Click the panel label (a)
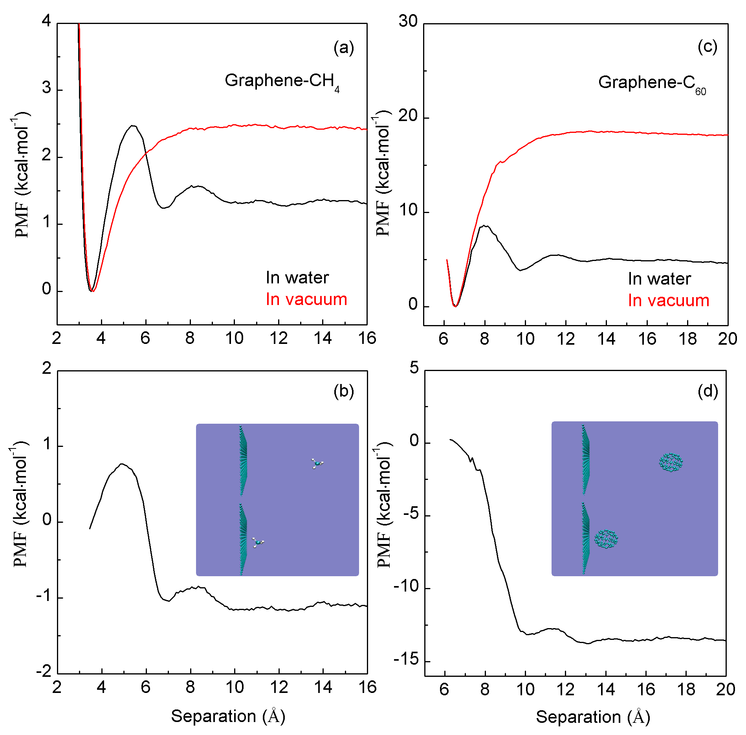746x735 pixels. pyautogui.click(x=344, y=48)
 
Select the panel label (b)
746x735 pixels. pyautogui.click(x=344, y=391)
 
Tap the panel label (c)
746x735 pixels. pyautogui.click(x=708, y=47)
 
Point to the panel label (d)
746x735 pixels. pyautogui.click(x=708, y=391)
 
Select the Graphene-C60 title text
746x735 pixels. pyautogui.click(x=652, y=83)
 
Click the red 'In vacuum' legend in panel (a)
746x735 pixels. pyautogui.click(x=306, y=300)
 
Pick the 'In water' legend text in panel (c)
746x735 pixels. pyautogui.click(x=659, y=279)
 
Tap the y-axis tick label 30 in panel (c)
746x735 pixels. pyautogui.click(x=408, y=21)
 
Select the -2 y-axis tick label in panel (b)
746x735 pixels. pyautogui.click(x=44, y=671)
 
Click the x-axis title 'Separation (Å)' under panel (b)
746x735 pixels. pyautogui.click(x=228, y=716)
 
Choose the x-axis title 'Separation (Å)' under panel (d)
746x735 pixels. pyautogui.click(x=593, y=717)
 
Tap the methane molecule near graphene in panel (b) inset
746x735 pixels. pyautogui.click(x=258, y=542)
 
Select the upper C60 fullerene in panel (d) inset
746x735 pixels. pyautogui.click(x=671, y=462)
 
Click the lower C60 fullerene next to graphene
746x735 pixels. pyautogui.click(x=606, y=539)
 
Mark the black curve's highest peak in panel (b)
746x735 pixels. pyautogui.click(x=122, y=464)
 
